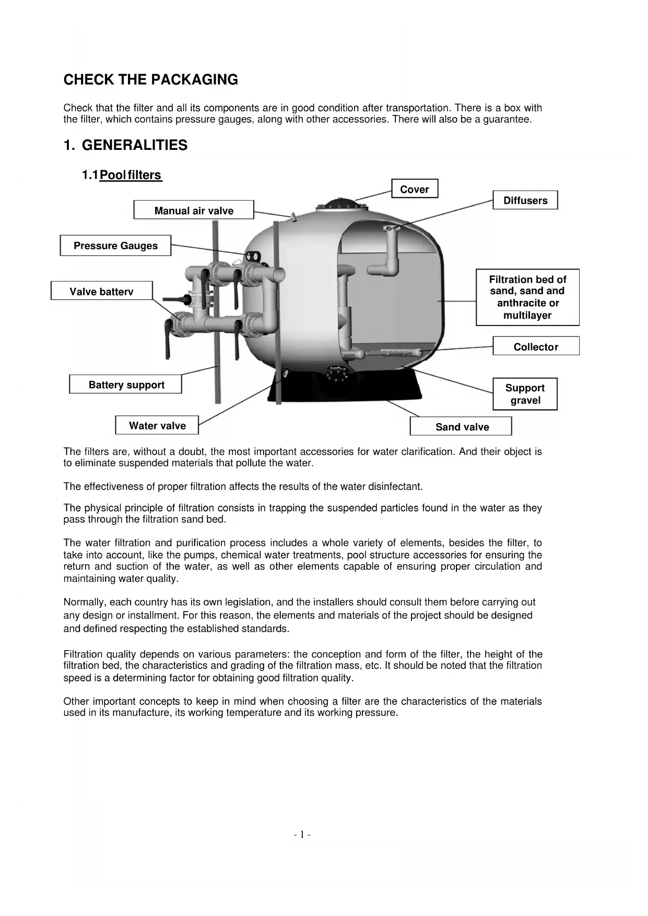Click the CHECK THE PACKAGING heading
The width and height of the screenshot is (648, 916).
[x=150, y=80]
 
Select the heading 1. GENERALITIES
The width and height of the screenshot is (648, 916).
[x=125, y=145]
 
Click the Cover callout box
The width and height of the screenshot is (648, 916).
[x=415, y=189]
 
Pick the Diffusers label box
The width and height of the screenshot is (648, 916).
[x=525, y=201]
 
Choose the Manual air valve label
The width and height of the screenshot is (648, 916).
[x=194, y=210]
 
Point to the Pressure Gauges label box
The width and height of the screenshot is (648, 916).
[x=115, y=246]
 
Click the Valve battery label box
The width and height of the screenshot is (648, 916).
[x=101, y=291]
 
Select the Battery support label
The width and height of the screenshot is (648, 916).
[x=126, y=385]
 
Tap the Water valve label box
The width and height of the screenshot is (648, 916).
[x=157, y=426]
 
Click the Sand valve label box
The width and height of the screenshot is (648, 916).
[x=462, y=427]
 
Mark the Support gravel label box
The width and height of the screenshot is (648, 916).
[x=525, y=394]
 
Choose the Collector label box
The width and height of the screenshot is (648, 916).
[x=536, y=347]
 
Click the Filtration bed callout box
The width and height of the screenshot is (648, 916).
[x=527, y=297]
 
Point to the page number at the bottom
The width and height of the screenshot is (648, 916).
[x=302, y=835]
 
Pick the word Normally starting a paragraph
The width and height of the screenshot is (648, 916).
[x=85, y=603]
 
